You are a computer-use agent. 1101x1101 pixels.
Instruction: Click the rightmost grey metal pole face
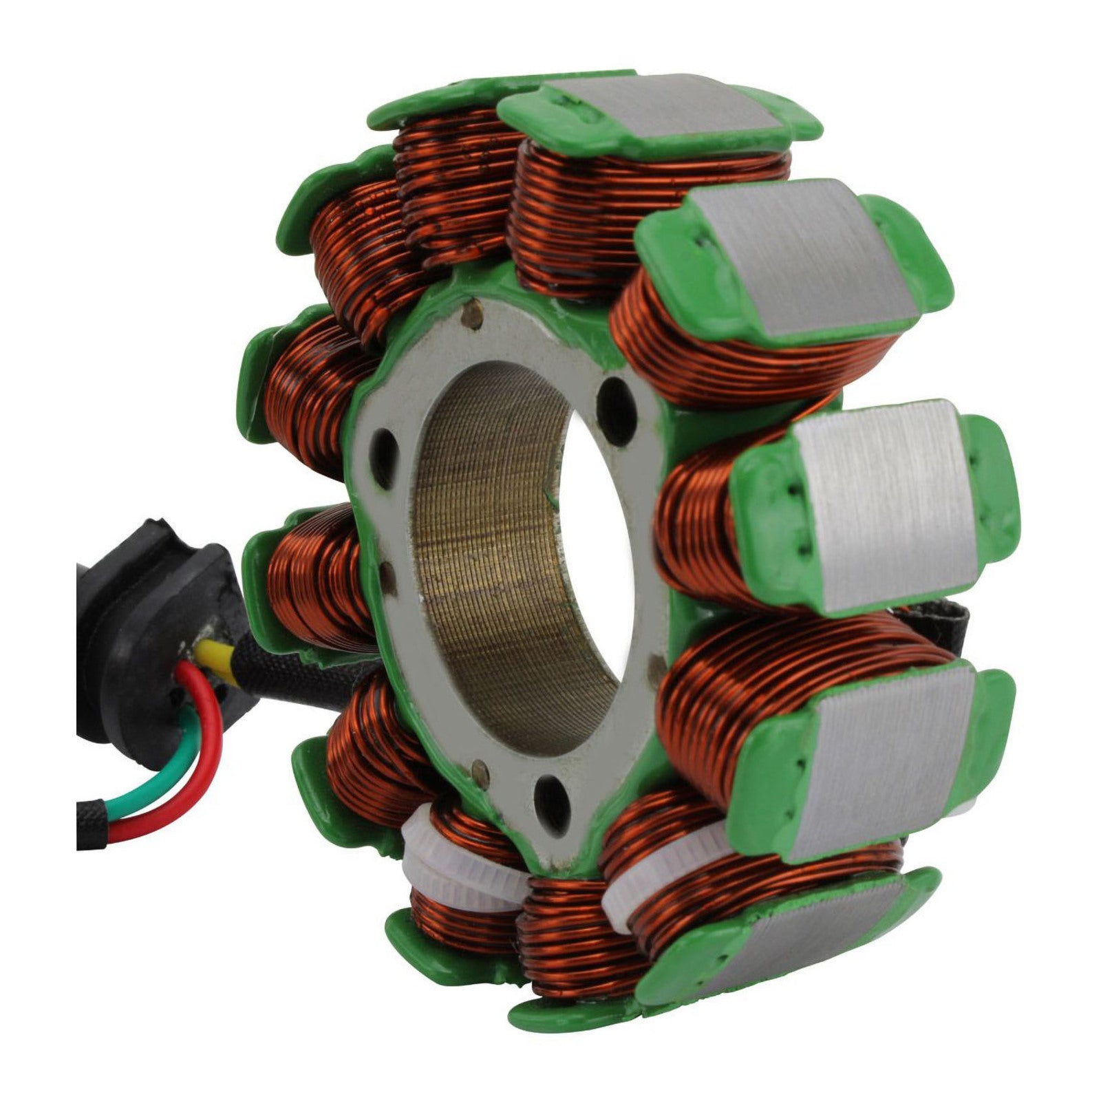point(888,506)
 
